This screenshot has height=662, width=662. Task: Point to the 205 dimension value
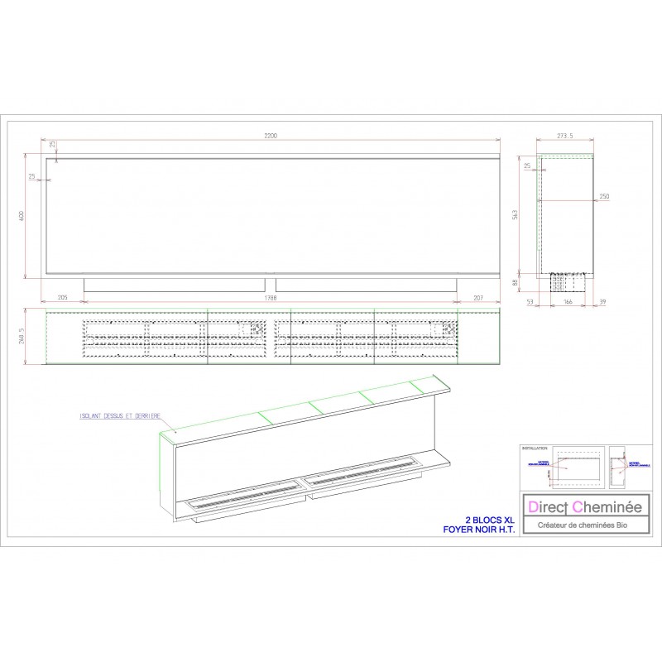point(62,295)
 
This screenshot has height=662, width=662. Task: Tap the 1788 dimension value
point(270,295)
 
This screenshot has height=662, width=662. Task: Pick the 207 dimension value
point(479,295)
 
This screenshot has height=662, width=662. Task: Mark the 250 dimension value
point(603,197)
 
